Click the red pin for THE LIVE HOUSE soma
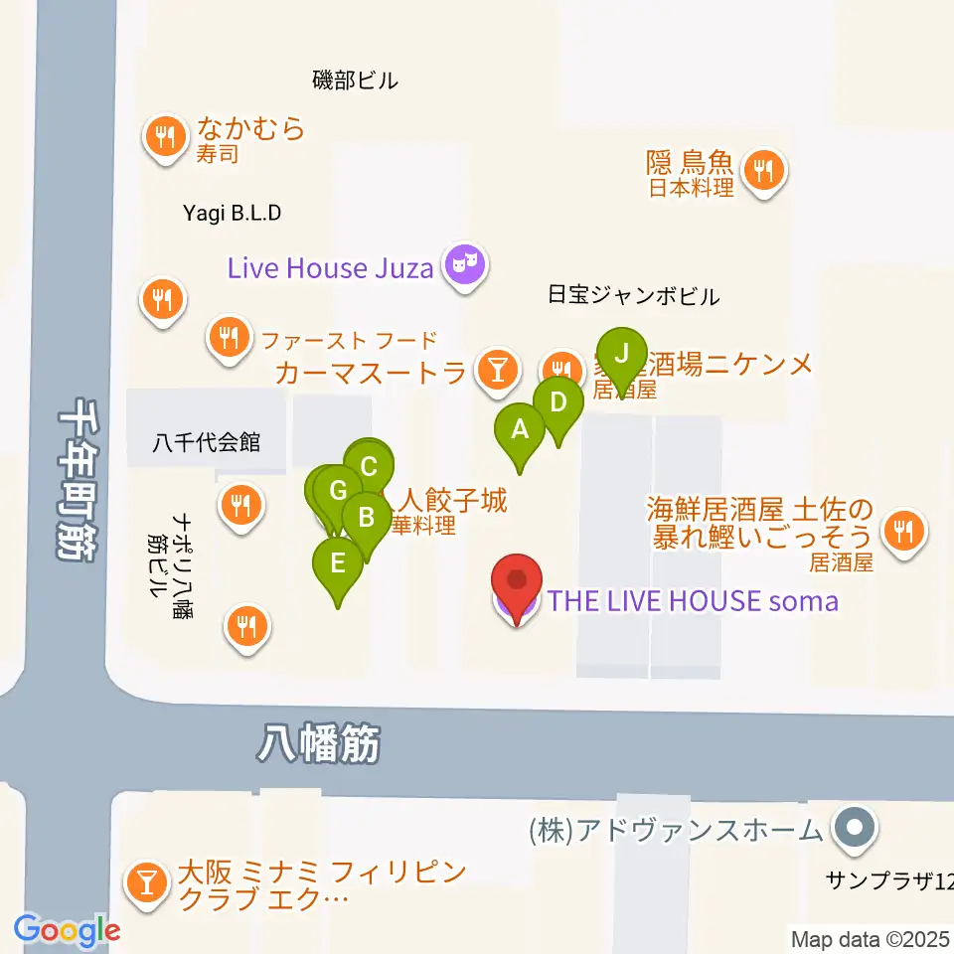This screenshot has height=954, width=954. click(517, 582)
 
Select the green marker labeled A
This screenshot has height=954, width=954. click(519, 430)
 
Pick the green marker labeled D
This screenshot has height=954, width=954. click(557, 403)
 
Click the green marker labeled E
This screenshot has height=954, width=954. click(338, 564)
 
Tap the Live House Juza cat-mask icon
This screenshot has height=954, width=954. click(464, 264)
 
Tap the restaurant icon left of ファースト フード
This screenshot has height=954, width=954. click(230, 338)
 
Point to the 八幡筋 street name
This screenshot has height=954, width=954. click(319, 742)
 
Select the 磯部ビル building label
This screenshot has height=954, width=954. click(355, 80)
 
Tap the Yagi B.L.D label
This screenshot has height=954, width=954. click(233, 213)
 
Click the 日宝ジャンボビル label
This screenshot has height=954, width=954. click(633, 295)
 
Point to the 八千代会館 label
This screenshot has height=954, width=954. click(207, 442)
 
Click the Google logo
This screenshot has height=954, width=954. click(67, 930)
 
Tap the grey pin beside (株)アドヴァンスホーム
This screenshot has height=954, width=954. click(853, 827)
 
